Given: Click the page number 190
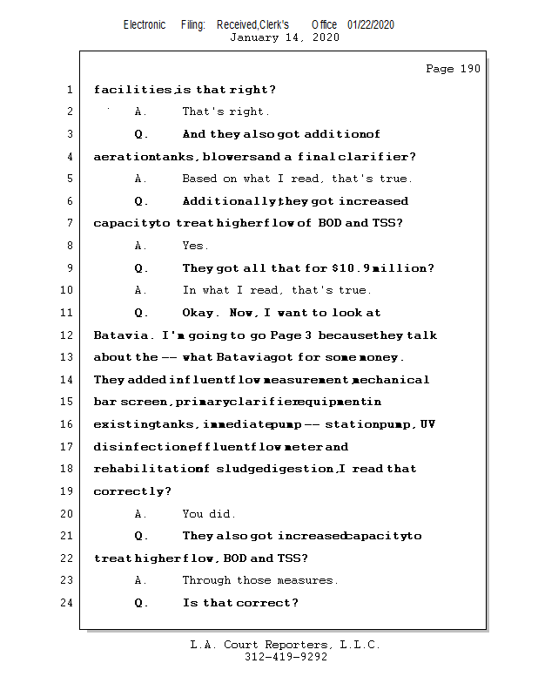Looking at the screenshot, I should (470, 69).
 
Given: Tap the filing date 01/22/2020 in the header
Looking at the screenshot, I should (370, 24).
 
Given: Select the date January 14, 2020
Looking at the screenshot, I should (284, 37).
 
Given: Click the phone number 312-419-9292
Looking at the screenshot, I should (286, 657).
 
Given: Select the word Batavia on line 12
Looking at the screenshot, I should (121, 335).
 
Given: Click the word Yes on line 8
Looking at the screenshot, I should (194, 246).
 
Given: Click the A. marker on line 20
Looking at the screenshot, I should (141, 514).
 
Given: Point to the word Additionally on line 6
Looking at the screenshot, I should (230, 201).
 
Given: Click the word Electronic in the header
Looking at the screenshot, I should (145, 24).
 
